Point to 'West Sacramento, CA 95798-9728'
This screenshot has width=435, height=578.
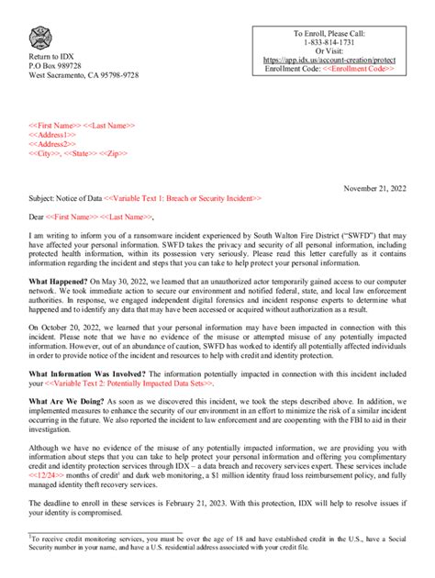pyautogui.click(x=84, y=76)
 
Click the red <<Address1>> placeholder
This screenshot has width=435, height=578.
pyautogui.click(x=52, y=135)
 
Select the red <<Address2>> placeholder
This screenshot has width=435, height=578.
pyautogui.click(x=52, y=144)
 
